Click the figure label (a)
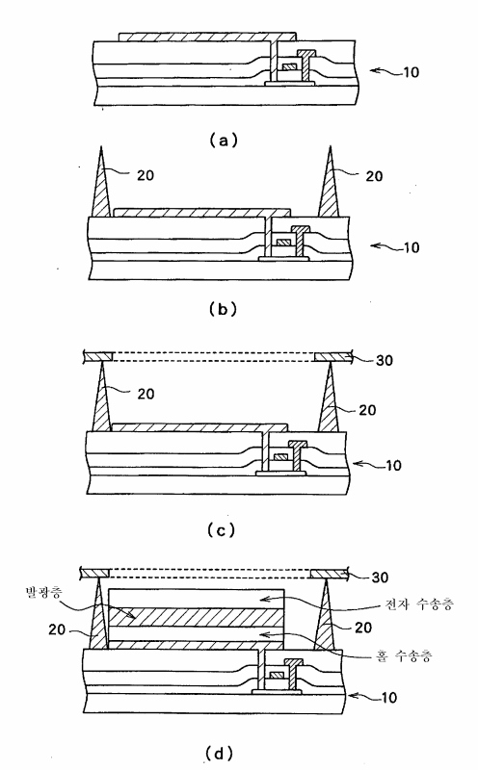point(224,141)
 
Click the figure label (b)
point(223,309)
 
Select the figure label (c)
point(221,530)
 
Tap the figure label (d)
point(219,754)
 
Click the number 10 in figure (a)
point(412,72)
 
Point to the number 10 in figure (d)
point(388,697)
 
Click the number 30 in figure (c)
point(385,360)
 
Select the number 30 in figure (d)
point(380,577)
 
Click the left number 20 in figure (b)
point(146,175)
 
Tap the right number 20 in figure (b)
point(374,176)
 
